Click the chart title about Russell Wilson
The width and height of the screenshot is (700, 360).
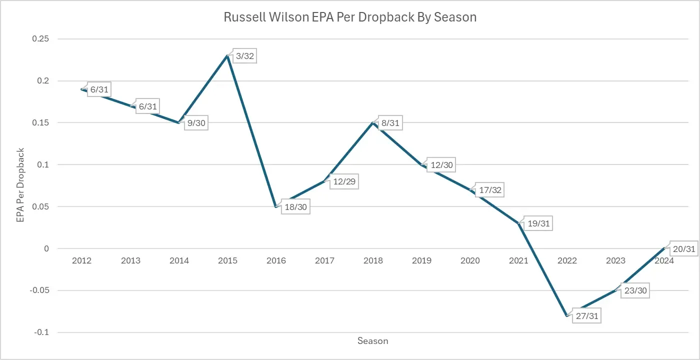[349, 17]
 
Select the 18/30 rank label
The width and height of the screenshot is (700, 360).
[295, 207]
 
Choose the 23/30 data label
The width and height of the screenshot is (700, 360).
[634, 290]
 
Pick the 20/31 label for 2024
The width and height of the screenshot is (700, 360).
[683, 248]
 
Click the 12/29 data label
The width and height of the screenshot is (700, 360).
[343, 181]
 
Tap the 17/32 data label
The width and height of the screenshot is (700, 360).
[489, 190]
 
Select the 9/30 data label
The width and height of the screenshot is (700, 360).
[196, 123]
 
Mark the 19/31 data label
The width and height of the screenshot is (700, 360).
[537, 223]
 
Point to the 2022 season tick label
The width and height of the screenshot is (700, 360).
[567, 260]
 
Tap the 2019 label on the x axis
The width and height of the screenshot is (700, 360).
[421, 260]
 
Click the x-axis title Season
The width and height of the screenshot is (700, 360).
[372, 341]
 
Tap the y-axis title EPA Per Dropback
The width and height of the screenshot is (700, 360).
[20, 185]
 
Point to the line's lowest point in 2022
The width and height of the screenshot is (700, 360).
[567, 315]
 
